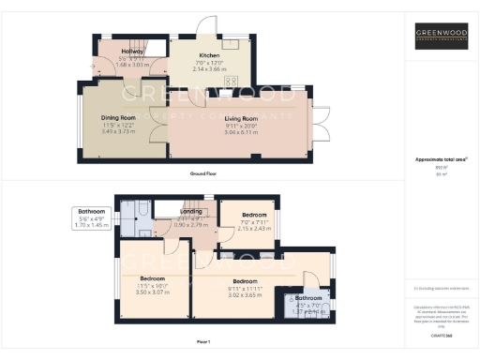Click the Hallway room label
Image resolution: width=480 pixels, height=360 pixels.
click(x=120, y=52)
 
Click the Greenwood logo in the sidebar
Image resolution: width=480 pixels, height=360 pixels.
click(x=442, y=37)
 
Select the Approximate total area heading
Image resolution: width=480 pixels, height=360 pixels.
click(x=442, y=159)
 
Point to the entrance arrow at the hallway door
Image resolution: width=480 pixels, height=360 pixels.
click(x=92, y=66)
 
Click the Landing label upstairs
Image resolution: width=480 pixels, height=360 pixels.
click(x=192, y=212)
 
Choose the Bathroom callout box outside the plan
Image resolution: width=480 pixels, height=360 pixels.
click(x=92, y=218)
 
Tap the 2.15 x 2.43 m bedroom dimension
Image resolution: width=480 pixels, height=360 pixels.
click(x=253, y=228)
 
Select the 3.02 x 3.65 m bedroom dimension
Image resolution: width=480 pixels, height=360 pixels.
click(x=246, y=295)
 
